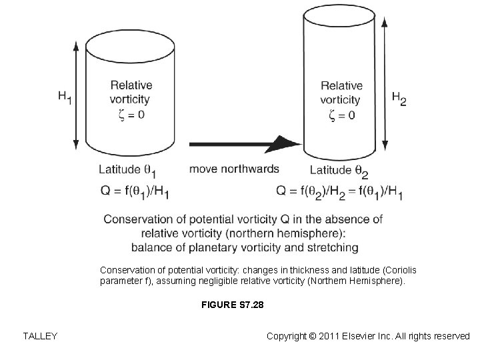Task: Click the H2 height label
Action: (x=399, y=99)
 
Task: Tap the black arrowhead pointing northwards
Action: (x=288, y=143)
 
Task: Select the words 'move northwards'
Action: (x=234, y=169)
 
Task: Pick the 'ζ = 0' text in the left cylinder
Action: (x=131, y=115)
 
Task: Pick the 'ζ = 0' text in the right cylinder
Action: (x=342, y=115)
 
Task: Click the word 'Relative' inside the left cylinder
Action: (x=131, y=85)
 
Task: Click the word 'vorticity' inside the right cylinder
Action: (x=341, y=100)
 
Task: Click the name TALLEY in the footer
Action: (x=39, y=336)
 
